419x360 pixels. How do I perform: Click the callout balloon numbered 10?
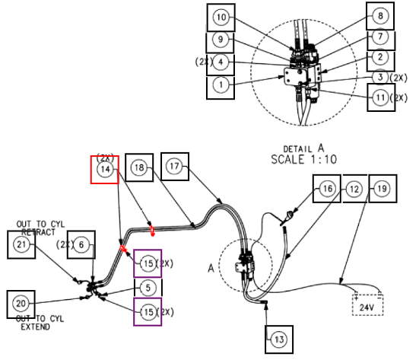point(221,18)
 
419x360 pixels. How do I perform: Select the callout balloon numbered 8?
point(380,16)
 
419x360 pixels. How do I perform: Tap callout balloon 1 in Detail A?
point(221,85)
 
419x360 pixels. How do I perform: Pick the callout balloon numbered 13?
point(279,339)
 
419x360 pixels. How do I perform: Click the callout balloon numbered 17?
point(174,167)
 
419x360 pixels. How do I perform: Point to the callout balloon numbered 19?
point(382,189)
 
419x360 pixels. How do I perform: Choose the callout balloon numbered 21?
point(21,244)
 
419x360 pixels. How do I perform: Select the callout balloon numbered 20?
point(21,304)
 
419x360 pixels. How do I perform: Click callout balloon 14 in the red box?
point(105,169)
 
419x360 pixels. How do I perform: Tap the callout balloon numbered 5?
point(148,288)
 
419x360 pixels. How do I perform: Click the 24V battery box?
point(368,305)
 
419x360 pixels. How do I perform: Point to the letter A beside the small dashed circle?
point(211,268)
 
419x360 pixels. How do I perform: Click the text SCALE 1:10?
point(304,159)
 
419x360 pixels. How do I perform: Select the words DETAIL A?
point(304,148)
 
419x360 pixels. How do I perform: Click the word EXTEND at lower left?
point(35,327)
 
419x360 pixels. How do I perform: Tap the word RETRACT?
point(38,232)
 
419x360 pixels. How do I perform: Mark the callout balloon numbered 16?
point(328,189)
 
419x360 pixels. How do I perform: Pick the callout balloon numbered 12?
point(354,189)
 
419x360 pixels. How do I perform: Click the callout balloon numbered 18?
point(139,167)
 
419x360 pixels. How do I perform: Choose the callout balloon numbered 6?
point(81,244)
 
